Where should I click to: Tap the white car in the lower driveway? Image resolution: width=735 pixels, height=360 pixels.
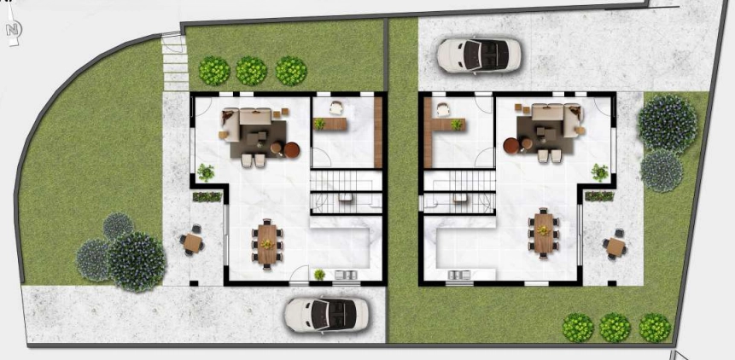pyautogui.click(x=326, y=314)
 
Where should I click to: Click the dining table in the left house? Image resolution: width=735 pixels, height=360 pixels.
pyautogui.click(x=268, y=242)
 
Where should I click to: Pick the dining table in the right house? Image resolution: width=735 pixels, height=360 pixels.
pyautogui.click(x=543, y=231)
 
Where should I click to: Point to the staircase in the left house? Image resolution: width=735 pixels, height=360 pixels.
pyautogui.click(x=345, y=191)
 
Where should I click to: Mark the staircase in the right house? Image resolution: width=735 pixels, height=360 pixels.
pyautogui.click(x=460, y=191)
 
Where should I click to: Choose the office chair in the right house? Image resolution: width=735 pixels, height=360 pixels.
pyautogui.click(x=442, y=108)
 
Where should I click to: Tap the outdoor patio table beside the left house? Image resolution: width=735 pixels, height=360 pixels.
pyautogui.click(x=194, y=243)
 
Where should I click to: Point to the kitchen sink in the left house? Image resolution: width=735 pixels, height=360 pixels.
pyautogui.click(x=349, y=274)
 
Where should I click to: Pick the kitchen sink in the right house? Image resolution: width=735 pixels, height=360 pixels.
pyautogui.click(x=459, y=274)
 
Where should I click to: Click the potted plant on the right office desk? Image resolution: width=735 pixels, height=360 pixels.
pyautogui.click(x=457, y=125)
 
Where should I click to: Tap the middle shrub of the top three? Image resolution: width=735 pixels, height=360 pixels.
pyautogui.click(x=251, y=71)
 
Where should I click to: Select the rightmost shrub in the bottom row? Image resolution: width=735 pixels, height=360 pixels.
pyautogui.click(x=654, y=328)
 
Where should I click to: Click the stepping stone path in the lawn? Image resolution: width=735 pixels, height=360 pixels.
pyautogui.click(x=174, y=61)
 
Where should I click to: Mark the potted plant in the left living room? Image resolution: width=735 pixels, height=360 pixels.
pyautogui.click(x=206, y=172)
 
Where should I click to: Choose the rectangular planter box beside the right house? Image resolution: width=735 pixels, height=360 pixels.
pyautogui.click(x=598, y=196)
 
